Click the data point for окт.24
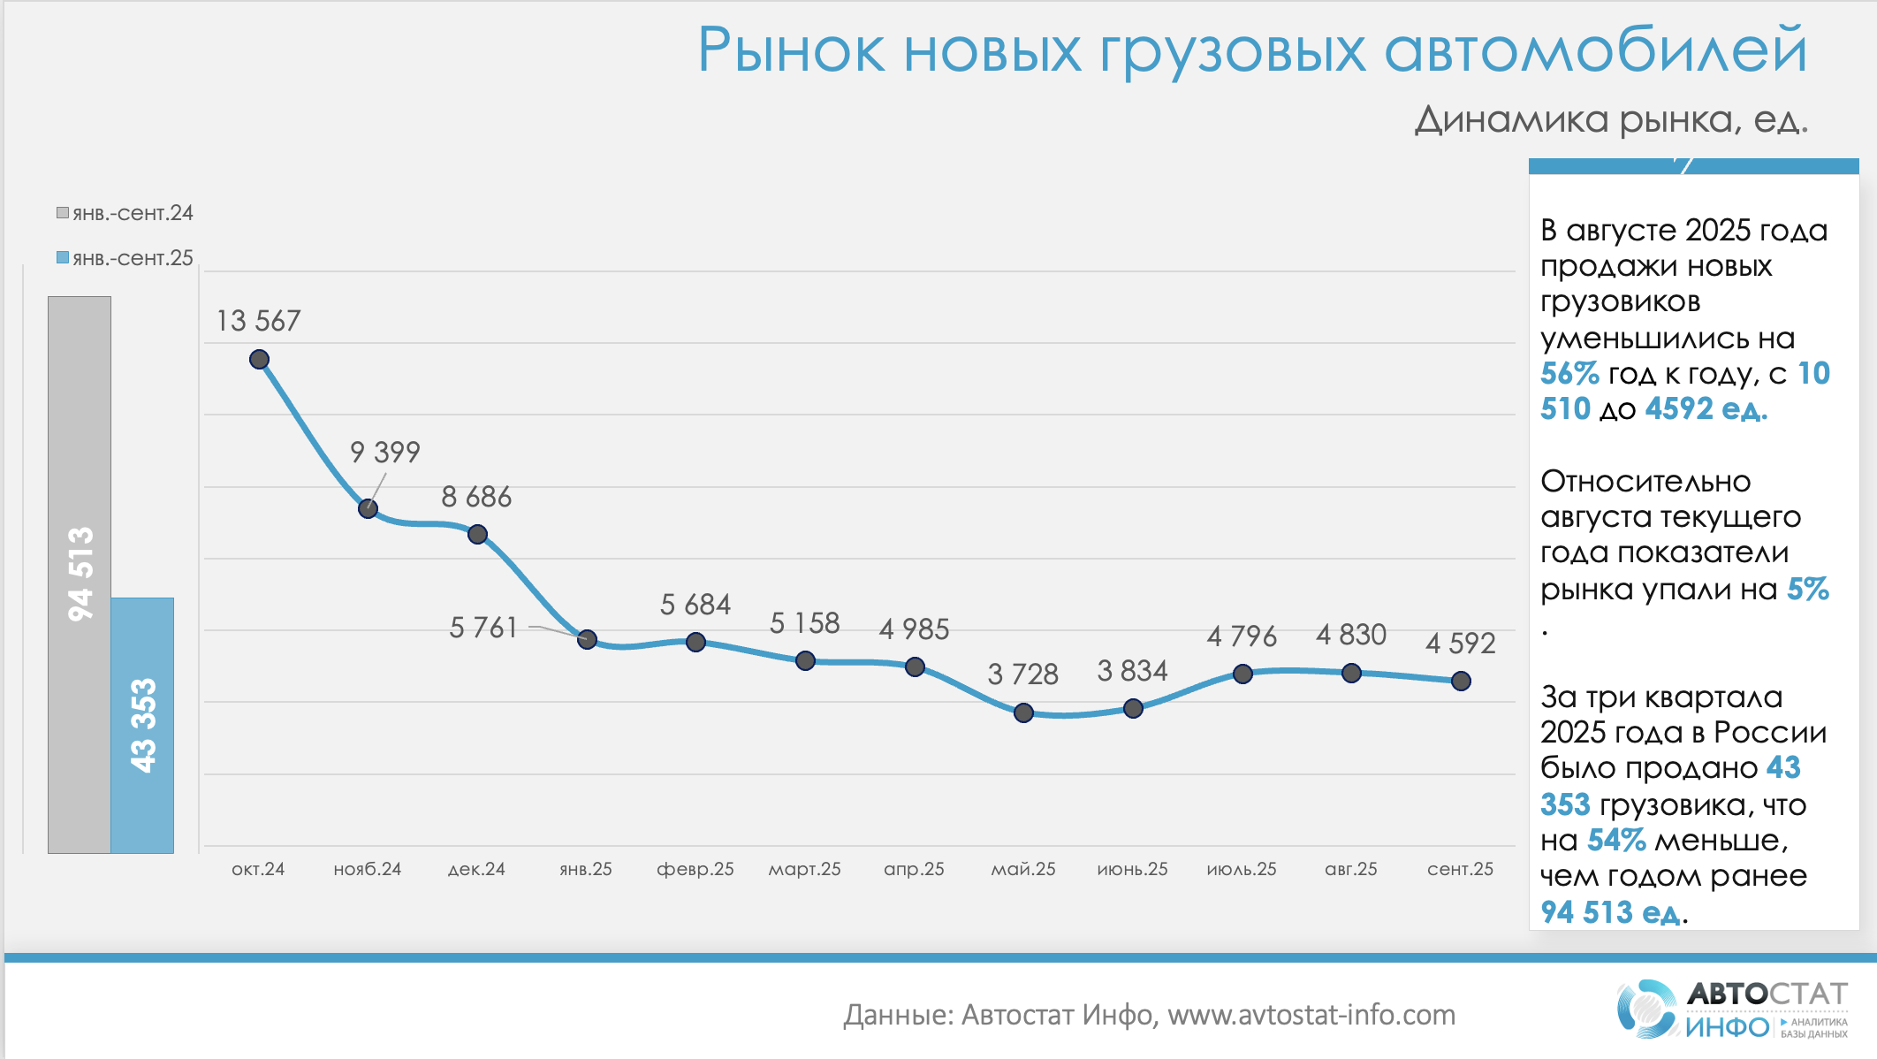click(x=259, y=360)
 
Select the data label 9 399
click(x=385, y=453)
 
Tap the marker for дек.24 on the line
click(x=477, y=534)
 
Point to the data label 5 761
click(x=483, y=628)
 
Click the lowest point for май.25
click(x=1023, y=712)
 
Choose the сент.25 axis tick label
click(x=1460, y=869)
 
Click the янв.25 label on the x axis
click(x=586, y=869)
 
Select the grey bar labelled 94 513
click(x=80, y=575)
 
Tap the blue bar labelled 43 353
click(x=142, y=725)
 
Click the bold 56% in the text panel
click(x=1569, y=374)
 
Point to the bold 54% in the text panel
click(x=1616, y=840)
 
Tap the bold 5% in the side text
click(x=1807, y=590)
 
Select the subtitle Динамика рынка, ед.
click(x=1611, y=119)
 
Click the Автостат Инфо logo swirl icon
click(x=1646, y=1009)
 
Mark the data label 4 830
click(x=1351, y=635)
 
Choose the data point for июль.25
click(x=1242, y=674)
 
